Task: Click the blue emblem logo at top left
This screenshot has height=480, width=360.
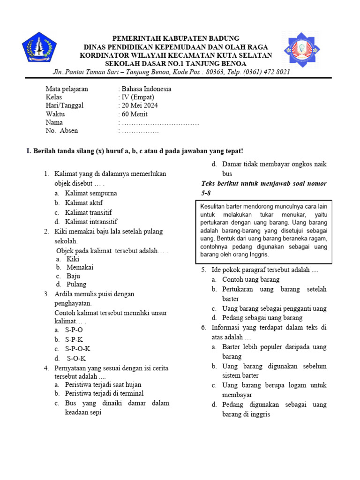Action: point(39,49)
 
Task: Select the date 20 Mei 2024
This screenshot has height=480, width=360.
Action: point(140,105)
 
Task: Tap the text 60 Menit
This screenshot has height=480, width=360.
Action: point(135,114)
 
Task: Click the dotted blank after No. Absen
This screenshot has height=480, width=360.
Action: point(140,131)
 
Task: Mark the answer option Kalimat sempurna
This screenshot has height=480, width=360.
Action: point(91,193)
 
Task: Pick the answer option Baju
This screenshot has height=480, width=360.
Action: point(74,276)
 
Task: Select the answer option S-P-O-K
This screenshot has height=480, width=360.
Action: point(78,349)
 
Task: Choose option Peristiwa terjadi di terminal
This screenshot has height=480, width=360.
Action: point(104,393)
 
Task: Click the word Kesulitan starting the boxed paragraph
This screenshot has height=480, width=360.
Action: point(214,206)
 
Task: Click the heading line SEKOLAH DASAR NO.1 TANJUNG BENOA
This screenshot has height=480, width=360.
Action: point(175,63)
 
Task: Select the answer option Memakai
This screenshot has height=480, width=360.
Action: point(80,267)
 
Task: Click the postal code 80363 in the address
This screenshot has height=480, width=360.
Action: point(215,72)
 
